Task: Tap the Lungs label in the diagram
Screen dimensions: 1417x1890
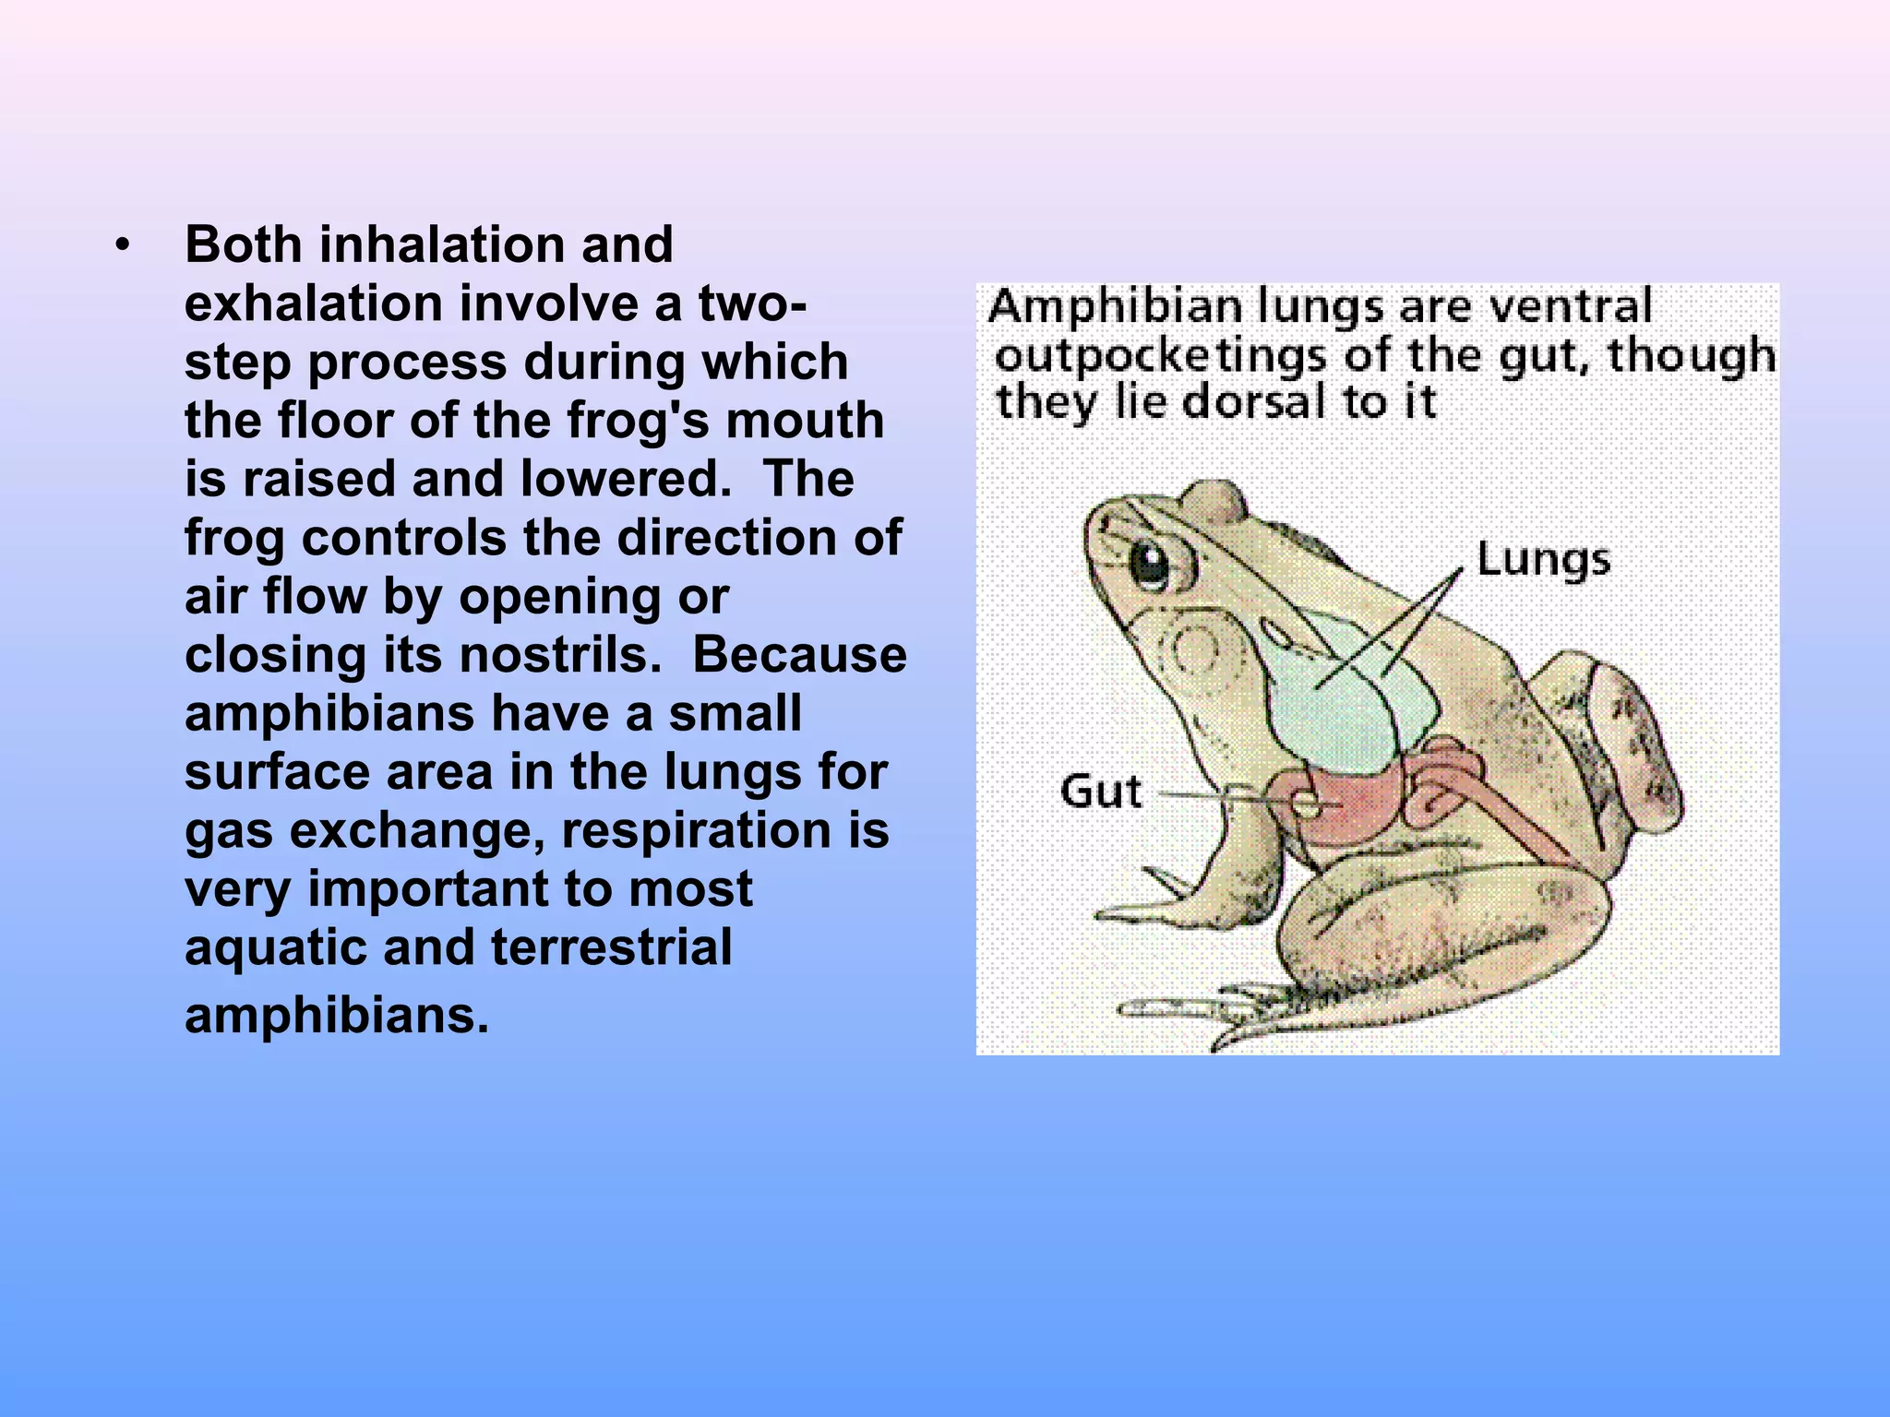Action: coord(1543,560)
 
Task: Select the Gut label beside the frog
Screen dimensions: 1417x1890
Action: coord(1101,792)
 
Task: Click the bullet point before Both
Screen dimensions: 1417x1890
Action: coord(122,246)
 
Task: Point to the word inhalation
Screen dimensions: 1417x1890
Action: coord(442,245)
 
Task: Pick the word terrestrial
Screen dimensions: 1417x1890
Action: coord(612,947)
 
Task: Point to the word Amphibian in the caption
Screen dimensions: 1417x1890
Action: coord(1114,307)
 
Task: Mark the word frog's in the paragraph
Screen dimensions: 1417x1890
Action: coord(639,421)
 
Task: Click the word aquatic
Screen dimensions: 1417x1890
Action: coord(276,947)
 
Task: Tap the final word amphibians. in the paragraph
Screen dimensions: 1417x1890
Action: coord(336,1016)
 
